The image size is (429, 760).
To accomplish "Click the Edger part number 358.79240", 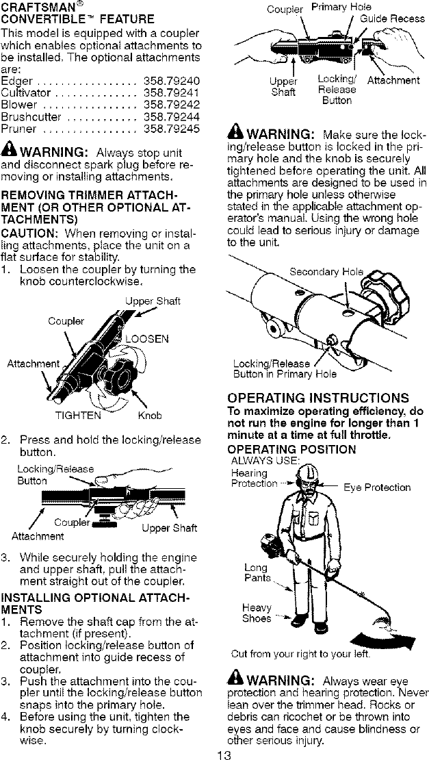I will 172,81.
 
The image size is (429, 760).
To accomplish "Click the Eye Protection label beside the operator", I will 376,487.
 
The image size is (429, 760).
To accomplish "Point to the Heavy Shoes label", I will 257,612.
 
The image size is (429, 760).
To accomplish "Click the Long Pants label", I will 257,573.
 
